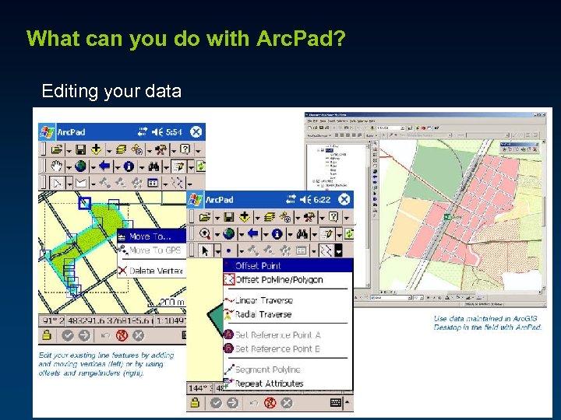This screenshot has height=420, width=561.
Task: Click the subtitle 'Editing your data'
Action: (x=111, y=91)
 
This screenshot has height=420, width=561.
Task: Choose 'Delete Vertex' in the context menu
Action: (x=156, y=271)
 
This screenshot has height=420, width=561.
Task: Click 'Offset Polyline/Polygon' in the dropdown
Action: (x=278, y=280)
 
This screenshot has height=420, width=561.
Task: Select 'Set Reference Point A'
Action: (x=277, y=334)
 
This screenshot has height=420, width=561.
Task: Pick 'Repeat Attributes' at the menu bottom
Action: (x=269, y=383)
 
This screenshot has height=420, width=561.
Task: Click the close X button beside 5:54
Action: (x=197, y=132)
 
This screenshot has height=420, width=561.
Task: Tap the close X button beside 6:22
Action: (x=344, y=200)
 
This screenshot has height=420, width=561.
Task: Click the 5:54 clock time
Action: (x=174, y=132)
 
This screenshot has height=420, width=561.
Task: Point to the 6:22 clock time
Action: (x=320, y=200)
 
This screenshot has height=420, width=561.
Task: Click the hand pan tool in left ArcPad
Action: (x=56, y=166)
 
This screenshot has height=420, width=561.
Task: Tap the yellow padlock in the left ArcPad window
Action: (x=48, y=335)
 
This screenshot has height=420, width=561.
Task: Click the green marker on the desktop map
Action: (x=448, y=217)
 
